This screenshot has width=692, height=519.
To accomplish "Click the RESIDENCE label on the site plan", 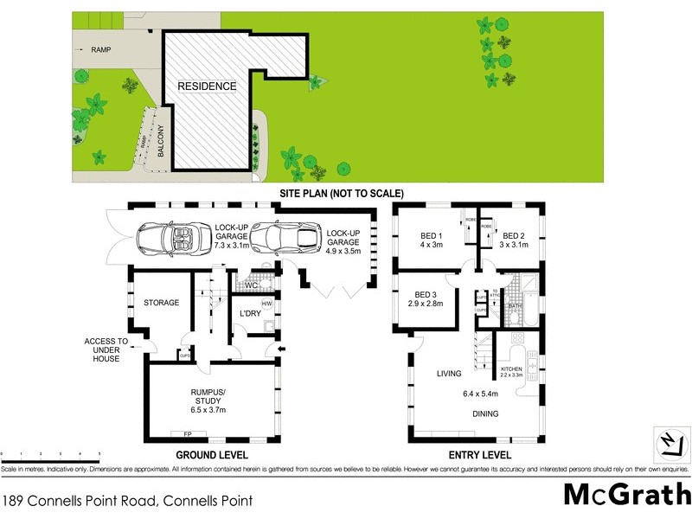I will tap(207, 86).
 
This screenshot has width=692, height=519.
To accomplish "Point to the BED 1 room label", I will tap(431, 240).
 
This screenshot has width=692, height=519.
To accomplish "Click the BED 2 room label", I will tap(514, 240).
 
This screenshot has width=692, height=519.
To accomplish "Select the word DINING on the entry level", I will tap(484, 414).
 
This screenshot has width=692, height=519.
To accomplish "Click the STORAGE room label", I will tap(162, 303).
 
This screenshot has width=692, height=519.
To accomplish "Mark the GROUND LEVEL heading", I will tap(213, 455).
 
